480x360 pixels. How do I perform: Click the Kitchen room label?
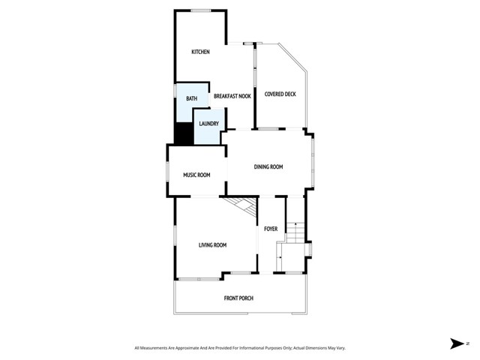tap(200, 52)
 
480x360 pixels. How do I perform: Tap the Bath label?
tap(192, 98)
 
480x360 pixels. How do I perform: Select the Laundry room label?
tap(208, 124)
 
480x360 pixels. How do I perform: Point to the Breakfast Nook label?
tap(232, 96)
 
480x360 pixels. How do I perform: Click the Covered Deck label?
tap(280, 94)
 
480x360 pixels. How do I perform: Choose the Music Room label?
tap(196, 175)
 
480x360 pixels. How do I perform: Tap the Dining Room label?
tap(268, 166)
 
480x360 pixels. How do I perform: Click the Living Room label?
tap(212, 244)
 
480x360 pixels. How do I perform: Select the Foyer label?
tap(271, 228)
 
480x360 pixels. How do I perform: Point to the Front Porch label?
tap(238, 298)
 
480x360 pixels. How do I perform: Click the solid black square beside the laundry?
tap(184, 133)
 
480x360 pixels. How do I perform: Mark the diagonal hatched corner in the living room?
tap(243, 207)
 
